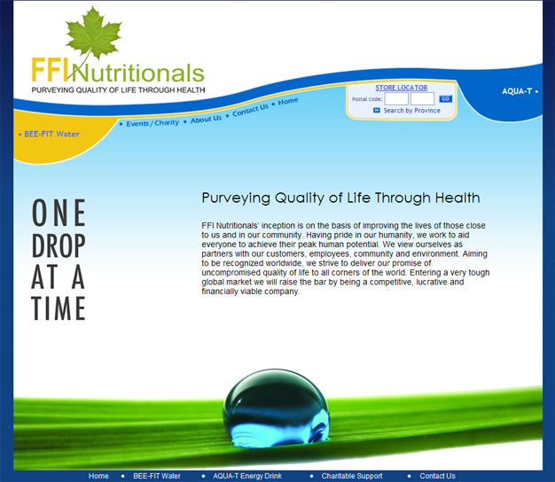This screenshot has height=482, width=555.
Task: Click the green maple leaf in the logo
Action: point(94,34)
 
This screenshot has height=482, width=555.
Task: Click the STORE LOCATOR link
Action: point(402,88)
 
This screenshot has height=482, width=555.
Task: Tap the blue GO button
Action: point(445,99)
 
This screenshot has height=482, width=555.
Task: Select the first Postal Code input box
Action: point(396,99)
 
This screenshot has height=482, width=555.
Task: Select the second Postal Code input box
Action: point(422,99)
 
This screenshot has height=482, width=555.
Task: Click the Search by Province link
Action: point(412,111)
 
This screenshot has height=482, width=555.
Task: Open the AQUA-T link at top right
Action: point(517,91)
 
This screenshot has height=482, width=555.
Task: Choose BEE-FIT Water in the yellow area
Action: point(51,134)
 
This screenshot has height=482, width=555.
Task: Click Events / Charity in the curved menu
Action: point(152,123)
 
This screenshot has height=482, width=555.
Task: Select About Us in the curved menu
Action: point(206,119)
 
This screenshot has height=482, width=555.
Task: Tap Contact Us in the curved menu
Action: point(250,110)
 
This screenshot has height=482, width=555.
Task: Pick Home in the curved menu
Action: point(288,102)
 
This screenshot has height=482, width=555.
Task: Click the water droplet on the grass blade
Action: point(276,408)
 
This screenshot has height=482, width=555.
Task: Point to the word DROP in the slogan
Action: point(59,245)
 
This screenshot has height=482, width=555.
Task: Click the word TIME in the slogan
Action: point(59,308)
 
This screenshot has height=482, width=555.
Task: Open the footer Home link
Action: point(98,476)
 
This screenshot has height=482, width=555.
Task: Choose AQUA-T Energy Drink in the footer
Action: point(247,476)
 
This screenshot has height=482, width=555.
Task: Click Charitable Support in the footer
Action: point(352,476)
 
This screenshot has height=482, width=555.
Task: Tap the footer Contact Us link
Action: point(437,476)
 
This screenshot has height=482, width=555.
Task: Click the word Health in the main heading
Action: point(457,198)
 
